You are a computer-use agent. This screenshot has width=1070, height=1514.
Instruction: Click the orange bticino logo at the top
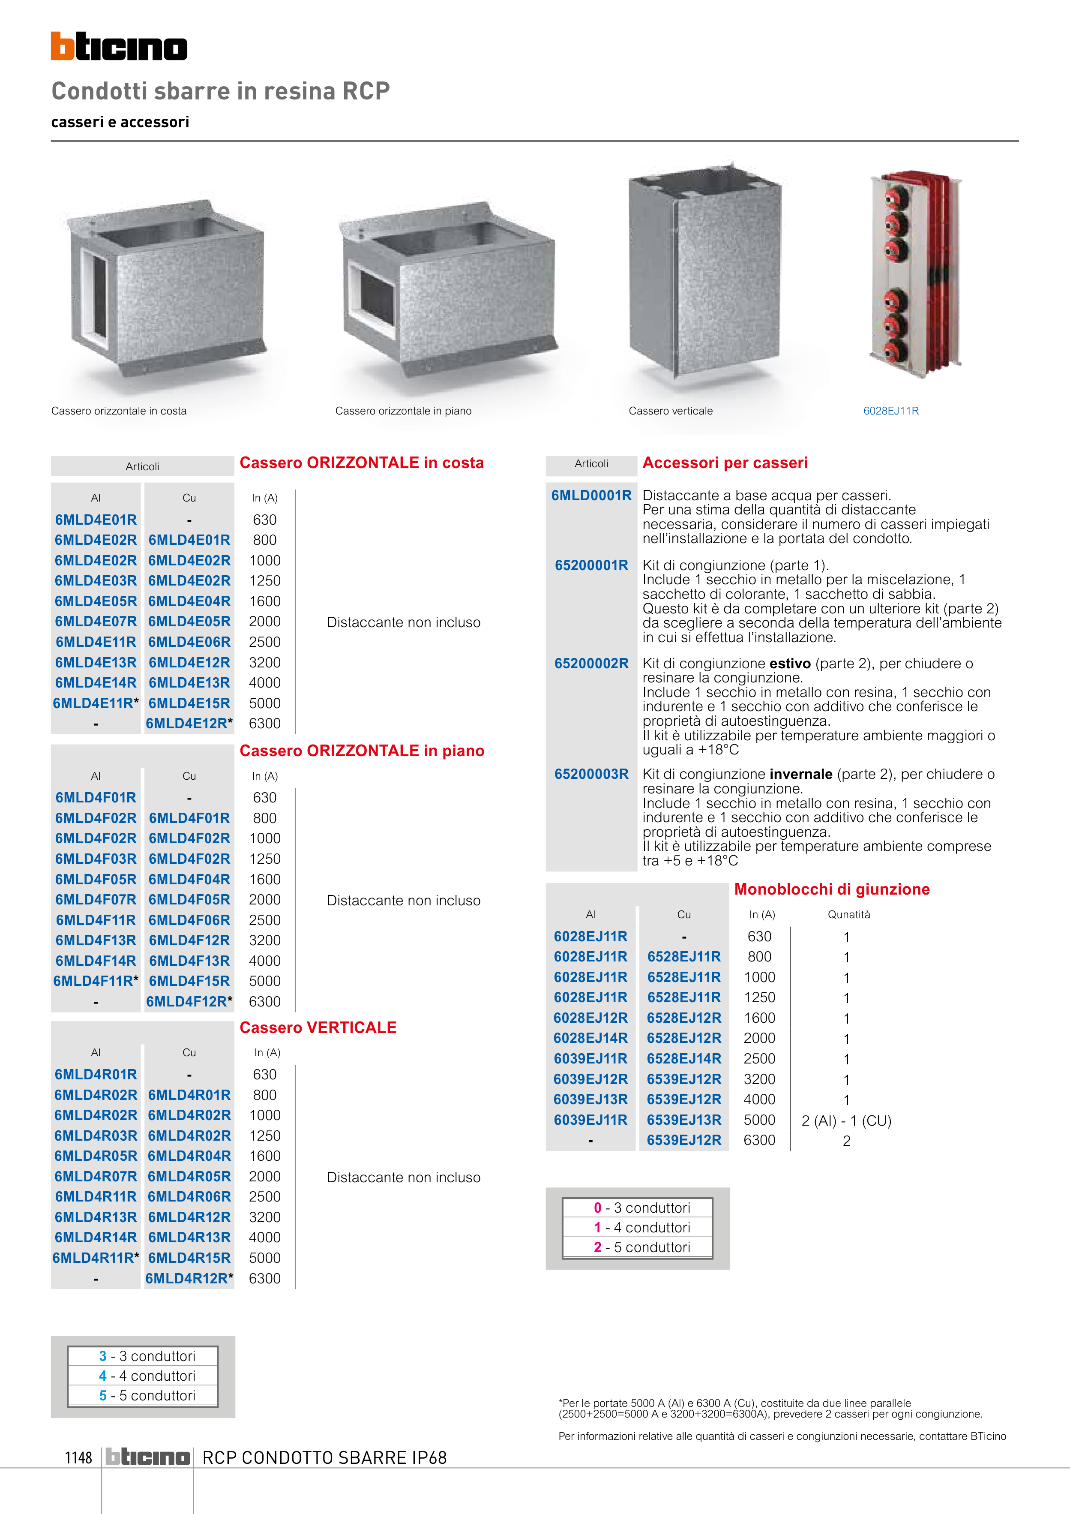point(119,46)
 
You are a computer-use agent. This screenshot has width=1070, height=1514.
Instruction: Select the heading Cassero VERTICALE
point(318,1027)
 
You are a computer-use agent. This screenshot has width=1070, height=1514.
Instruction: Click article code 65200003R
point(591,774)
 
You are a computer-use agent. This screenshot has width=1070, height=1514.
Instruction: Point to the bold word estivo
point(789,664)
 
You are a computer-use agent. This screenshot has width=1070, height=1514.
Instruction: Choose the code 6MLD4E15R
point(189,703)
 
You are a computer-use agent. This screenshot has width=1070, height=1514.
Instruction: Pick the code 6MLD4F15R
point(189,981)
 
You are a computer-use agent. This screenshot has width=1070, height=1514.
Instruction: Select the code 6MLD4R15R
point(189,1258)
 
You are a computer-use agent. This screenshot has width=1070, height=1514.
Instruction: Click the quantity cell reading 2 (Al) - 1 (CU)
point(846,1120)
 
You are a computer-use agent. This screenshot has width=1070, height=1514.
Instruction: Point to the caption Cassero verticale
point(671,411)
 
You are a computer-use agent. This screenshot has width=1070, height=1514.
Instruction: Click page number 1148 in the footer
point(78,1457)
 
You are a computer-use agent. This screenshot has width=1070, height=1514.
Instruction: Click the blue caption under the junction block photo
point(891,411)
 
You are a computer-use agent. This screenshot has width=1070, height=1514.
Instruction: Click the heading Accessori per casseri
point(725,463)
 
